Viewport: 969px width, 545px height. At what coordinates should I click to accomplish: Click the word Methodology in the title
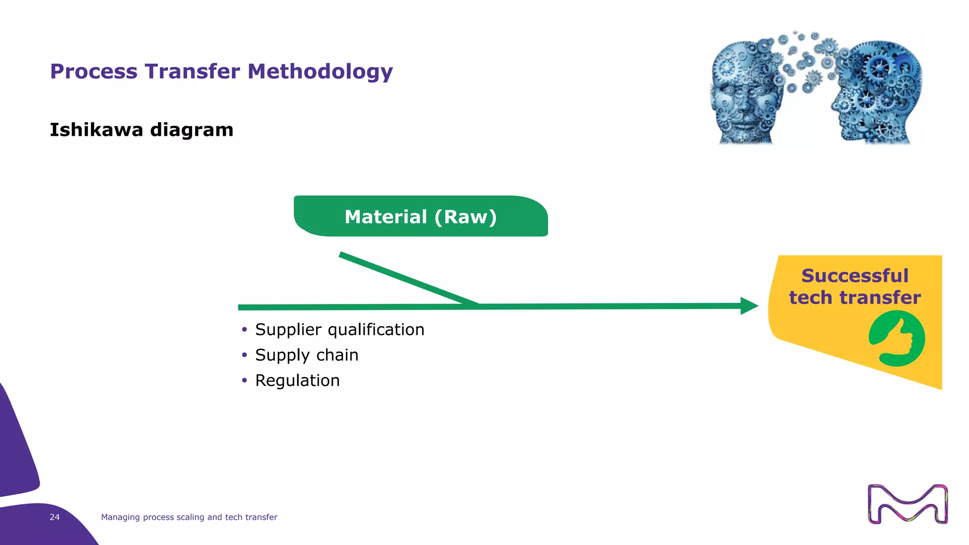point(320,72)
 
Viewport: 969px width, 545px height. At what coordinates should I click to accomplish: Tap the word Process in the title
point(93,72)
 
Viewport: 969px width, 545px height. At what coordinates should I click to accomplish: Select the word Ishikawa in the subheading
point(96,130)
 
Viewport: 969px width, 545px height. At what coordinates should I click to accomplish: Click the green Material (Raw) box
point(420,217)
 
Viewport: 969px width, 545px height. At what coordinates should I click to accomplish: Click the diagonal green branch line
point(407,279)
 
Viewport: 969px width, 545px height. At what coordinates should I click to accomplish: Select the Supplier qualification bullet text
point(339,330)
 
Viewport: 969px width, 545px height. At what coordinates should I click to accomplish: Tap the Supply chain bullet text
point(307,355)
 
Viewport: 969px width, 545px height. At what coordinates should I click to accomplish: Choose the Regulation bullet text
point(297,381)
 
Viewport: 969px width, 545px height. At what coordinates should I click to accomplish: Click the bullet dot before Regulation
point(244,380)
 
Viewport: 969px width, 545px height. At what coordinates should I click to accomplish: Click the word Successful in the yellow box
point(854,276)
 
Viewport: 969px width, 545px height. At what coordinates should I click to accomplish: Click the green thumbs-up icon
point(897,339)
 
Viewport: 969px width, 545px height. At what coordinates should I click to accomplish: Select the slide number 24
point(54,517)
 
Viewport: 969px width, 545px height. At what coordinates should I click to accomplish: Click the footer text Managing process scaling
point(189,517)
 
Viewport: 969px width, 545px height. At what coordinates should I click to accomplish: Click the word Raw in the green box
point(466,217)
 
